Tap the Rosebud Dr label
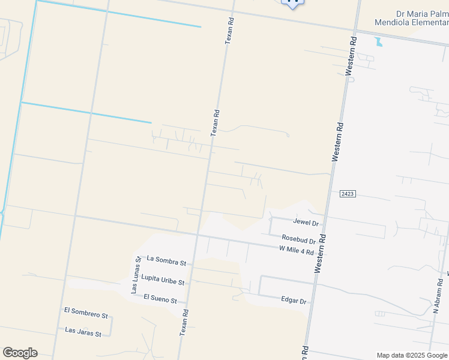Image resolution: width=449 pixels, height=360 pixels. [x=298, y=239]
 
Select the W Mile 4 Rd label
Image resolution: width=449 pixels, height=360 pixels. [x=297, y=251]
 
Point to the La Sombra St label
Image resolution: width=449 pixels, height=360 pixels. [x=167, y=261]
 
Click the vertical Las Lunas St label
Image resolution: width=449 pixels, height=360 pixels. [x=136, y=275]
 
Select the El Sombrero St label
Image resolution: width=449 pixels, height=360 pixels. [x=86, y=313]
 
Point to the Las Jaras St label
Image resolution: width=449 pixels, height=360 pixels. [x=83, y=331]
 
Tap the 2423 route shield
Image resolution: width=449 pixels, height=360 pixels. [x=348, y=194]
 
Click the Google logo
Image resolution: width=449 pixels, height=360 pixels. [x=20, y=353]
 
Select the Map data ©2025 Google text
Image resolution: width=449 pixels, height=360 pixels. [x=412, y=355]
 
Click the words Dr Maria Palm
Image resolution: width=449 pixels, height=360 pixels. [x=422, y=14]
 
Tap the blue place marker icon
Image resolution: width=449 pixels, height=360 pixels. [x=293, y=3]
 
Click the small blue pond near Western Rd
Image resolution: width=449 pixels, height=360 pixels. [x=378, y=41]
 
